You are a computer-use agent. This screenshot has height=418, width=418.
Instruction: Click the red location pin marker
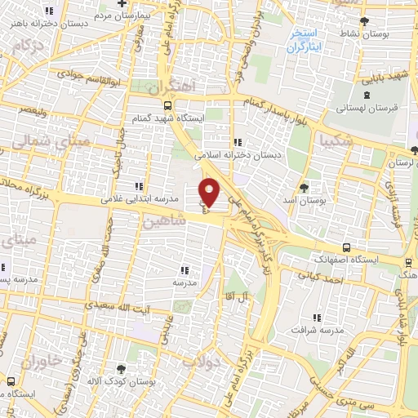click(210, 192)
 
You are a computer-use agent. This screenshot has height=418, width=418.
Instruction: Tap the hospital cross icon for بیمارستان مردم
click(121, 5)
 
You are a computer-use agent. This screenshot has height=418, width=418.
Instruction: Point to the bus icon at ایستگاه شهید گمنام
click(168, 105)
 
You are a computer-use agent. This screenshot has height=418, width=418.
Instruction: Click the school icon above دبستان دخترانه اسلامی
click(237, 141)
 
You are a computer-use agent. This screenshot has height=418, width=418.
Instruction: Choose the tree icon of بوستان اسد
click(305, 188)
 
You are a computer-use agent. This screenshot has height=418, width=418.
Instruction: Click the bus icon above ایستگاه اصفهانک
click(347, 247)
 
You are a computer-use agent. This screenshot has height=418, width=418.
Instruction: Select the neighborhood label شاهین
click(159, 221)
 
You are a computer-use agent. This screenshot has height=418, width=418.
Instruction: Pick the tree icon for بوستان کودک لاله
click(122, 370)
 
